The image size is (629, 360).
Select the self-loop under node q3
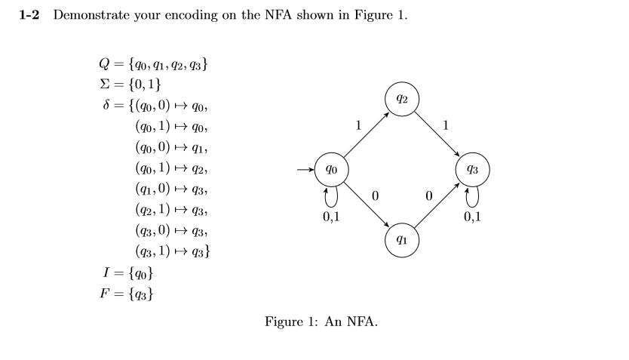point(473,196)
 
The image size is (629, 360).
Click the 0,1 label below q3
point(473,219)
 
